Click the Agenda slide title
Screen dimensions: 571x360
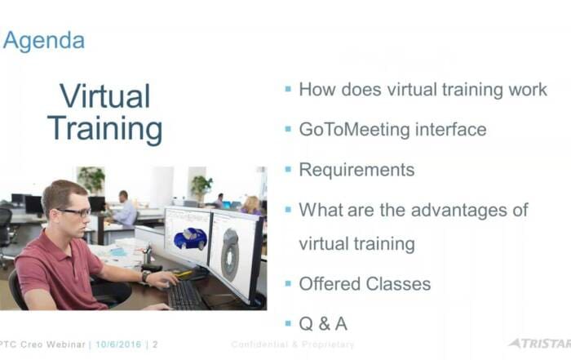(x=44, y=41)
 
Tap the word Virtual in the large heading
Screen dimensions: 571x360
(x=105, y=96)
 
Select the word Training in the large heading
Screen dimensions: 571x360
(x=105, y=129)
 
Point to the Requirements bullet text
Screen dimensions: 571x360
(x=356, y=170)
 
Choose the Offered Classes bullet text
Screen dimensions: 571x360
(x=365, y=284)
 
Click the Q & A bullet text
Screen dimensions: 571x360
(x=323, y=324)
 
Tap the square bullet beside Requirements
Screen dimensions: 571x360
(x=288, y=169)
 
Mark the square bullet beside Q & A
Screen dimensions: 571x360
(x=288, y=322)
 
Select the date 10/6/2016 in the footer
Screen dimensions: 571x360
(x=118, y=344)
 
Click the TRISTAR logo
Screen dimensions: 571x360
(x=540, y=343)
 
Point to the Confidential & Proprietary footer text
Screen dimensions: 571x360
(x=292, y=344)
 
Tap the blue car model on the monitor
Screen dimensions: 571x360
(x=190, y=238)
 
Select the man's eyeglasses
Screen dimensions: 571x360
(x=75, y=212)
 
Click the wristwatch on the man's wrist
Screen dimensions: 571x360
(x=146, y=276)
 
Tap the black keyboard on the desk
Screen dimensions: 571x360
(x=187, y=296)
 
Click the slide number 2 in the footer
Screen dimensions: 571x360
(x=155, y=344)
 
